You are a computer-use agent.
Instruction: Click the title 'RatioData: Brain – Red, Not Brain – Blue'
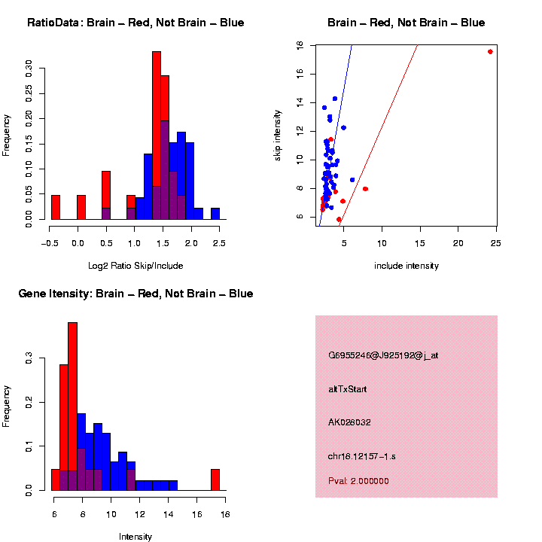coord(135,23)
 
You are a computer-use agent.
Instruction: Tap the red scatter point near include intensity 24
coord(490,51)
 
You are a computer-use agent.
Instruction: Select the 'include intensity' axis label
coord(406,266)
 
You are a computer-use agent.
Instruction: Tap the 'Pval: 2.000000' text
coord(358,481)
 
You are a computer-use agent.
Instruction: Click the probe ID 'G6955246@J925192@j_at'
coord(383,355)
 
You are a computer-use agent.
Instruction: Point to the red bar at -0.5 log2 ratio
coord(55,207)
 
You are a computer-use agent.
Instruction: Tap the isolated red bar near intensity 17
coord(215,480)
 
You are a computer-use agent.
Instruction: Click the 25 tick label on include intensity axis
coord(496,243)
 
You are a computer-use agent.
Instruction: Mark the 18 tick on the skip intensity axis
coord(300,45)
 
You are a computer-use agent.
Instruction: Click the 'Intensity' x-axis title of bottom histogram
coord(135,537)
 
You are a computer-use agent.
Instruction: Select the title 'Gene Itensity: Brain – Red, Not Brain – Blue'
coord(135,294)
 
